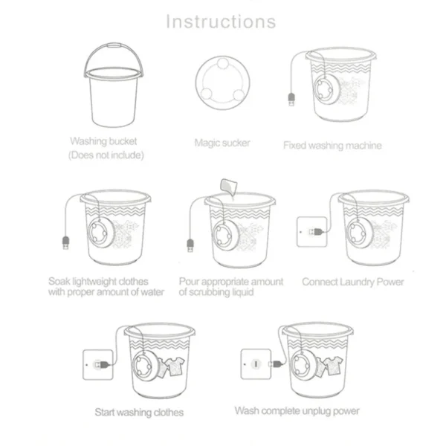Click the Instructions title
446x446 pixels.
[220, 21]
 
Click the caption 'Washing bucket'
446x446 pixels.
[105, 140]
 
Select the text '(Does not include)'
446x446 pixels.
[105, 155]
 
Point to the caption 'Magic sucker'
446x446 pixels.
[222, 142]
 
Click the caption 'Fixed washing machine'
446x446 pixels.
[332, 145]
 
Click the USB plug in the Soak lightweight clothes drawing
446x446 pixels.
[65, 242]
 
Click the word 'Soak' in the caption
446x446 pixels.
[61, 282]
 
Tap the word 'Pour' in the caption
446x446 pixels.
[190, 282]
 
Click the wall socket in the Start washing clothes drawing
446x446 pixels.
[97, 364]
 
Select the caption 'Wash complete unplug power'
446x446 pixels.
[297, 410]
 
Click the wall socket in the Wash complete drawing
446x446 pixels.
[255, 364]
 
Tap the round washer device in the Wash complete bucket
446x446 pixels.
[303, 366]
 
